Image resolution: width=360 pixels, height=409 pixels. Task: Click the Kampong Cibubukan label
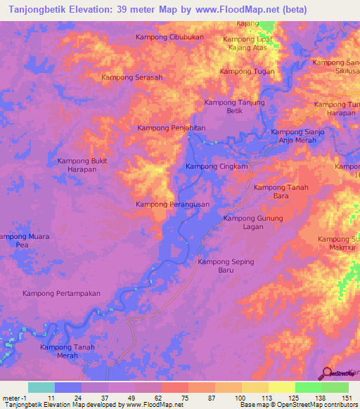(x=169, y=37)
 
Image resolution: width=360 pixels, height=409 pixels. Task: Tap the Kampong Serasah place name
(x=132, y=77)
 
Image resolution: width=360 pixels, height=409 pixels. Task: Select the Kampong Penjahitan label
(x=171, y=128)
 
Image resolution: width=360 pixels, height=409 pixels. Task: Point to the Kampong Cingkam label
(x=217, y=167)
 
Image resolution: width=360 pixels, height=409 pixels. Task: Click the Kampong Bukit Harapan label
(x=86, y=165)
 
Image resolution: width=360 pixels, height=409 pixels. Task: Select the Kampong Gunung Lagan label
(x=253, y=223)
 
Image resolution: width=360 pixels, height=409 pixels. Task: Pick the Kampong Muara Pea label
(x=25, y=241)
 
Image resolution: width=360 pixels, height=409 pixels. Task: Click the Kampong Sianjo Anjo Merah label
(x=299, y=136)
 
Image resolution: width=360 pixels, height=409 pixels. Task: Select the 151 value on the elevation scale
(x=344, y=397)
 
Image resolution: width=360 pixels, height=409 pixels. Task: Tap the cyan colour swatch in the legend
(x=41, y=387)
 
